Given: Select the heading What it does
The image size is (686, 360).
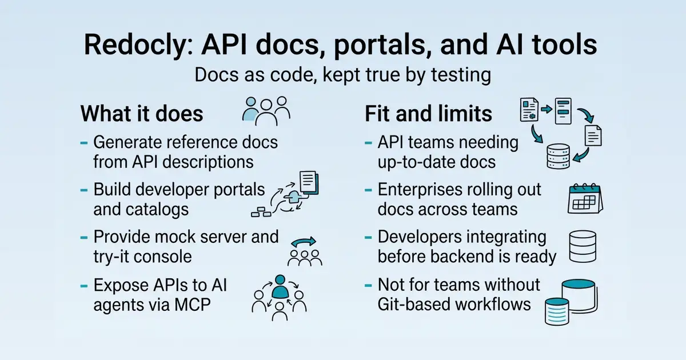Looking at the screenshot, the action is click(142, 114).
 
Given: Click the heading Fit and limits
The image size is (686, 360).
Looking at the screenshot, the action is click(428, 114).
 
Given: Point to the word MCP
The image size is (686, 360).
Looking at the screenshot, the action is click(192, 305).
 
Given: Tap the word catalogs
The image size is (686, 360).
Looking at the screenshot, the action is click(155, 210).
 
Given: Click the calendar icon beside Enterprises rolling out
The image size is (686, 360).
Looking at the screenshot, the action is click(585, 198).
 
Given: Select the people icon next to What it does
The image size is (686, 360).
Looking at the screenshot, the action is click(266, 111).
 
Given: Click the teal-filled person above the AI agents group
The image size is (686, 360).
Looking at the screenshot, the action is click(280, 286).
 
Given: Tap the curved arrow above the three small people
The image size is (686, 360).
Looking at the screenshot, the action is click(303, 242).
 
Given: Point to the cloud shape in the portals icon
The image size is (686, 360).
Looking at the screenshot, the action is click(293, 197).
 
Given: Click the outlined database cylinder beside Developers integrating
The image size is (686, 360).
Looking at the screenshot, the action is click(583, 246).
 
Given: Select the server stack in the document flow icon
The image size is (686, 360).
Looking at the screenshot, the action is click(559, 156).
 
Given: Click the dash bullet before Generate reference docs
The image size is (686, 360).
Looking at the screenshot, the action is click(84, 143).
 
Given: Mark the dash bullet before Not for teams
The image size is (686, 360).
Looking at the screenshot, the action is click(368, 286).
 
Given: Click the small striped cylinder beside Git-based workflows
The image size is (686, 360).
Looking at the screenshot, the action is click(557, 311).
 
